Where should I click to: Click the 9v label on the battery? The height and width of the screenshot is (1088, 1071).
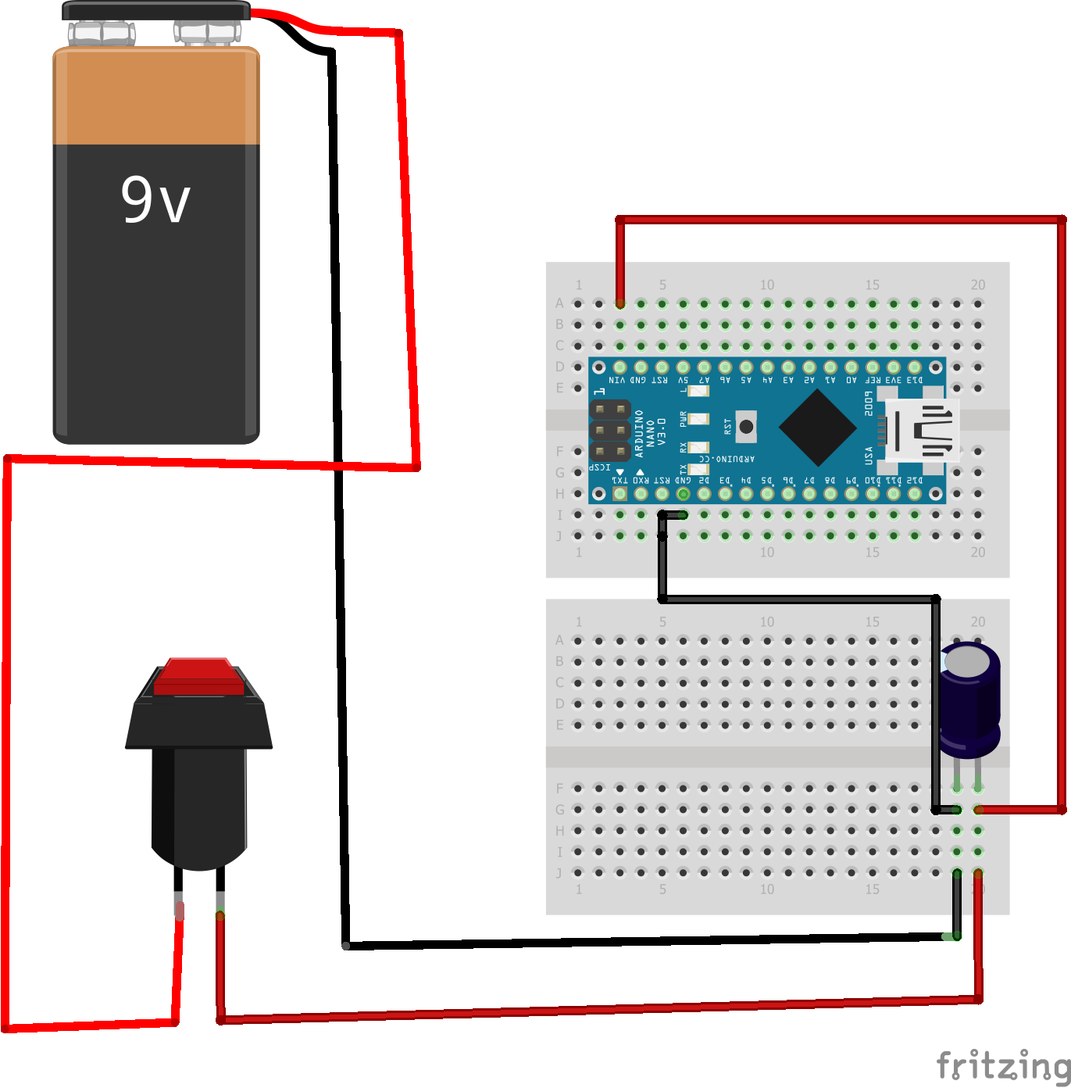coord(155,199)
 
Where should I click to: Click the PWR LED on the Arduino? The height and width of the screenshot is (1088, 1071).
coord(698,419)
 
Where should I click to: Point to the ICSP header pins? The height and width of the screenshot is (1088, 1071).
coord(610,431)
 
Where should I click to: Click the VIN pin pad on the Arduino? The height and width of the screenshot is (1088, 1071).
coord(620,367)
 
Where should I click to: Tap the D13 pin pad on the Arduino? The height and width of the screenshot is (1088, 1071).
coord(915,367)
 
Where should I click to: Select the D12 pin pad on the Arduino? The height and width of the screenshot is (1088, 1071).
coord(915,493)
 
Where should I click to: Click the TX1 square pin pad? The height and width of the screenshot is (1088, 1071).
coord(620,493)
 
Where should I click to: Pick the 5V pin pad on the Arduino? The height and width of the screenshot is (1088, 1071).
coord(684,367)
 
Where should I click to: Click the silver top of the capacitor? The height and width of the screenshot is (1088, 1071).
coord(967,661)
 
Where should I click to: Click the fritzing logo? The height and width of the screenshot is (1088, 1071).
coord(1002,1065)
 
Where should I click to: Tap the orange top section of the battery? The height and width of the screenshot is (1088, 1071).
coord(156,96)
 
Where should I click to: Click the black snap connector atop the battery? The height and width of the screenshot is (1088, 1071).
coord(156,11)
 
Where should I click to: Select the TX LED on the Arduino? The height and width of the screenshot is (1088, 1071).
coord(698,470)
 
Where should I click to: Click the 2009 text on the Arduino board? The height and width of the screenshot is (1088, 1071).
coord(869,403)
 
